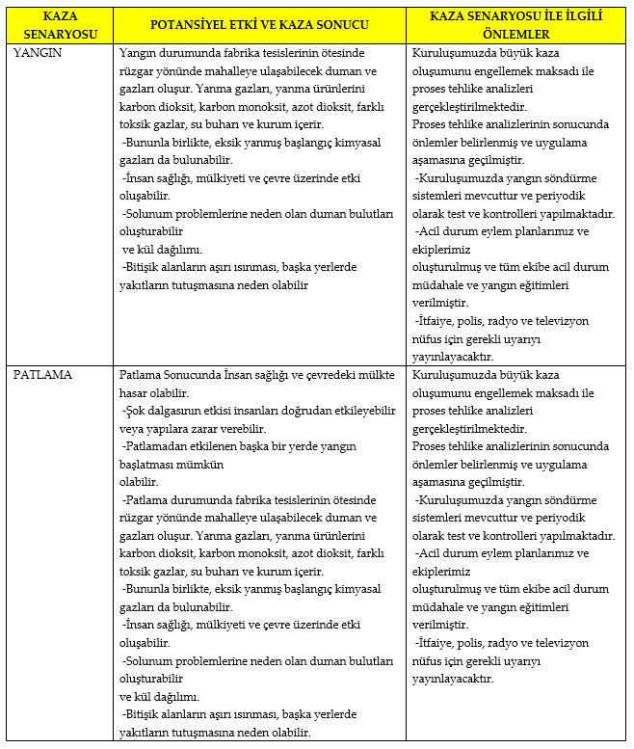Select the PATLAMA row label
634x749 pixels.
[x=41, y=375]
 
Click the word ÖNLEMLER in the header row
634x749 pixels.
[x=517, y=32]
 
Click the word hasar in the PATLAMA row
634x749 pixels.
[x=136, y=392]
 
